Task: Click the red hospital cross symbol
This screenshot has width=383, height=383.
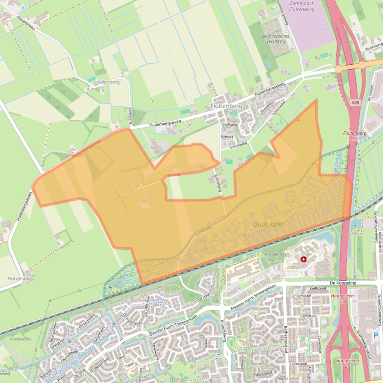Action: click(x=304, y=259)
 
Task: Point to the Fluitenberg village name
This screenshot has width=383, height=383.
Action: click(x=226, y=106)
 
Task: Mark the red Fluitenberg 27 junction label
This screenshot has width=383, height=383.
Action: click(x=354, y=136)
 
